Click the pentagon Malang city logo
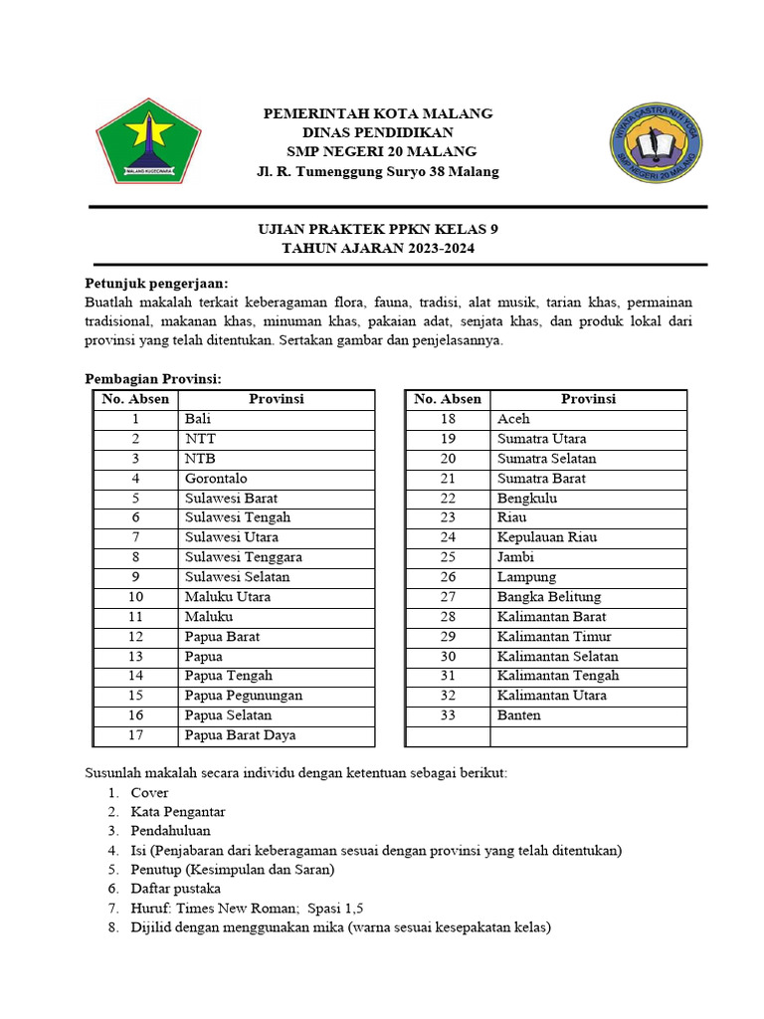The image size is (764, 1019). pos(148,141)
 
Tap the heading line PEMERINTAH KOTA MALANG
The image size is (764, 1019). pos(377,113)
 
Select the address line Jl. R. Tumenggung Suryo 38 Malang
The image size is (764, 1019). pos(377,172)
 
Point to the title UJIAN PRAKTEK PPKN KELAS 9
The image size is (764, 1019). pos(377,229)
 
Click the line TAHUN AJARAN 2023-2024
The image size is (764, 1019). pos(377,249)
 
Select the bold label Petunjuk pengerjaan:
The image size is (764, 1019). pos(156,283)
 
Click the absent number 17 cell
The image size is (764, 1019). pos(135,735)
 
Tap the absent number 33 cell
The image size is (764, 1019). pos(448,715)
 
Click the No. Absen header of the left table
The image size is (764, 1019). pos(135,399)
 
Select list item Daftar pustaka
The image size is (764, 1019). pos(176,889)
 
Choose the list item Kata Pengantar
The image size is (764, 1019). pos(178,812)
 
